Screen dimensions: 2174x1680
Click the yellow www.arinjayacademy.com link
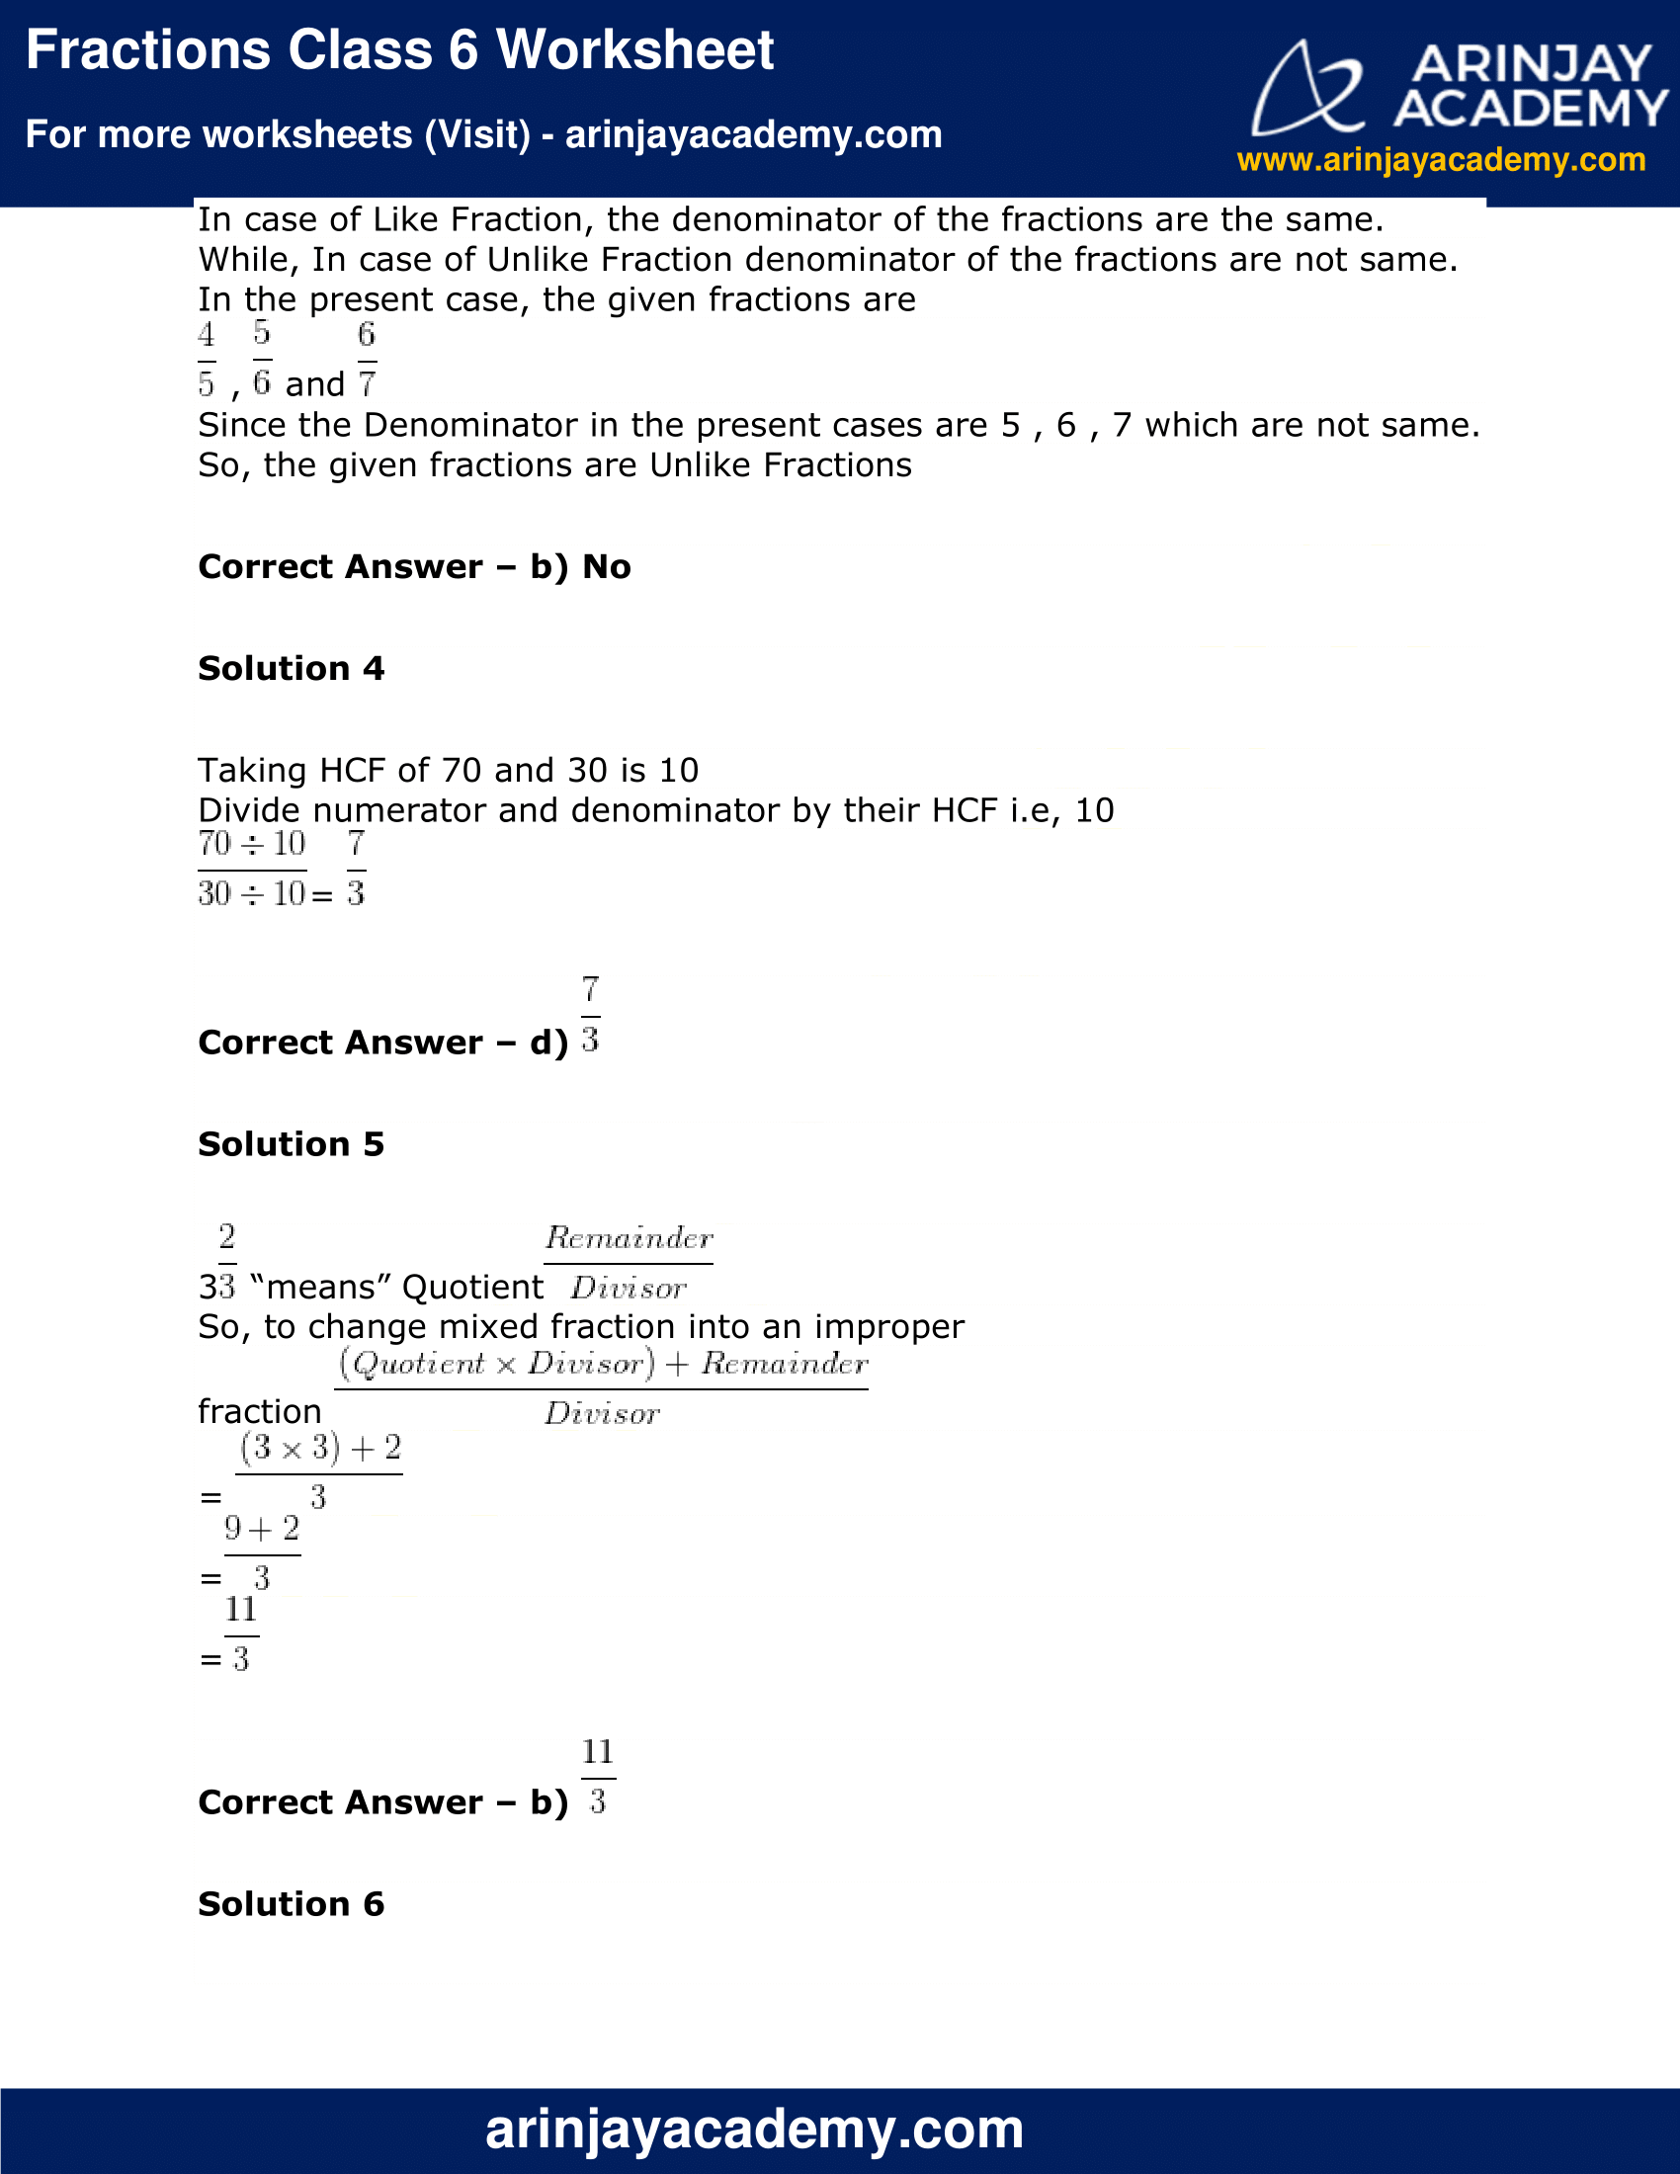[1440, 159]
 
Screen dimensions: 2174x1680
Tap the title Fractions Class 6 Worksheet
[399, 49]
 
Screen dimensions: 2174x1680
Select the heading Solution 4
[291, 668]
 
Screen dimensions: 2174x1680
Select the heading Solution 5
[291, 1143]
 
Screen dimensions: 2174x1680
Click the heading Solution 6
[291, 1903]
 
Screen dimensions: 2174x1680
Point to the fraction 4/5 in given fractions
[206, 360]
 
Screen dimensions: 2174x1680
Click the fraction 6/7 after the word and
[367, 360]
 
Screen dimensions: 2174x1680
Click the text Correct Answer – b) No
[414, 566]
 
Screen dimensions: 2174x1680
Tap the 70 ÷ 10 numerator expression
[252, 844]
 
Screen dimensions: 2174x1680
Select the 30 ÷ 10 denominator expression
[252, 894]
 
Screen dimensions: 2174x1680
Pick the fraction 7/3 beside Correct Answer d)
[590, 1015]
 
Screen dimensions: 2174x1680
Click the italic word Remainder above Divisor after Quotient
[628, 1238]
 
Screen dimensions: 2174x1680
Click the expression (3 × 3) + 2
[319, 1449]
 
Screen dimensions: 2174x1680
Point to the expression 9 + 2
[262, 1529]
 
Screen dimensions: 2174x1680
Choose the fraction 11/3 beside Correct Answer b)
[597, 1777]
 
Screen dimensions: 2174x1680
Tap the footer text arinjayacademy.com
[753, 2130]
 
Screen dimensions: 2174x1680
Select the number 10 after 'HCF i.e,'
[1094, 810]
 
